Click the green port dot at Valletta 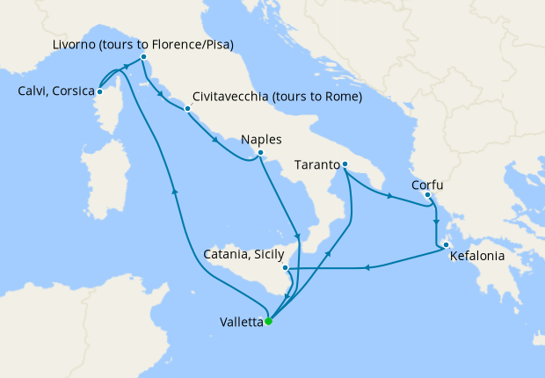[269, 321]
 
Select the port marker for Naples [260, 153]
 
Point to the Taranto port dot [345, 164]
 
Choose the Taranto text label [317, 164]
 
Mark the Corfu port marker [428, 197]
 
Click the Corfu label [427, 185]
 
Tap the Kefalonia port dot [447, 245]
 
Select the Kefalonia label [478, 258]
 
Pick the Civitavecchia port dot [187, 110]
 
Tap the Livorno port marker [143, 58]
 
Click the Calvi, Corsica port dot [100, 91]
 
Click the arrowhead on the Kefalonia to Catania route [367, 268]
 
